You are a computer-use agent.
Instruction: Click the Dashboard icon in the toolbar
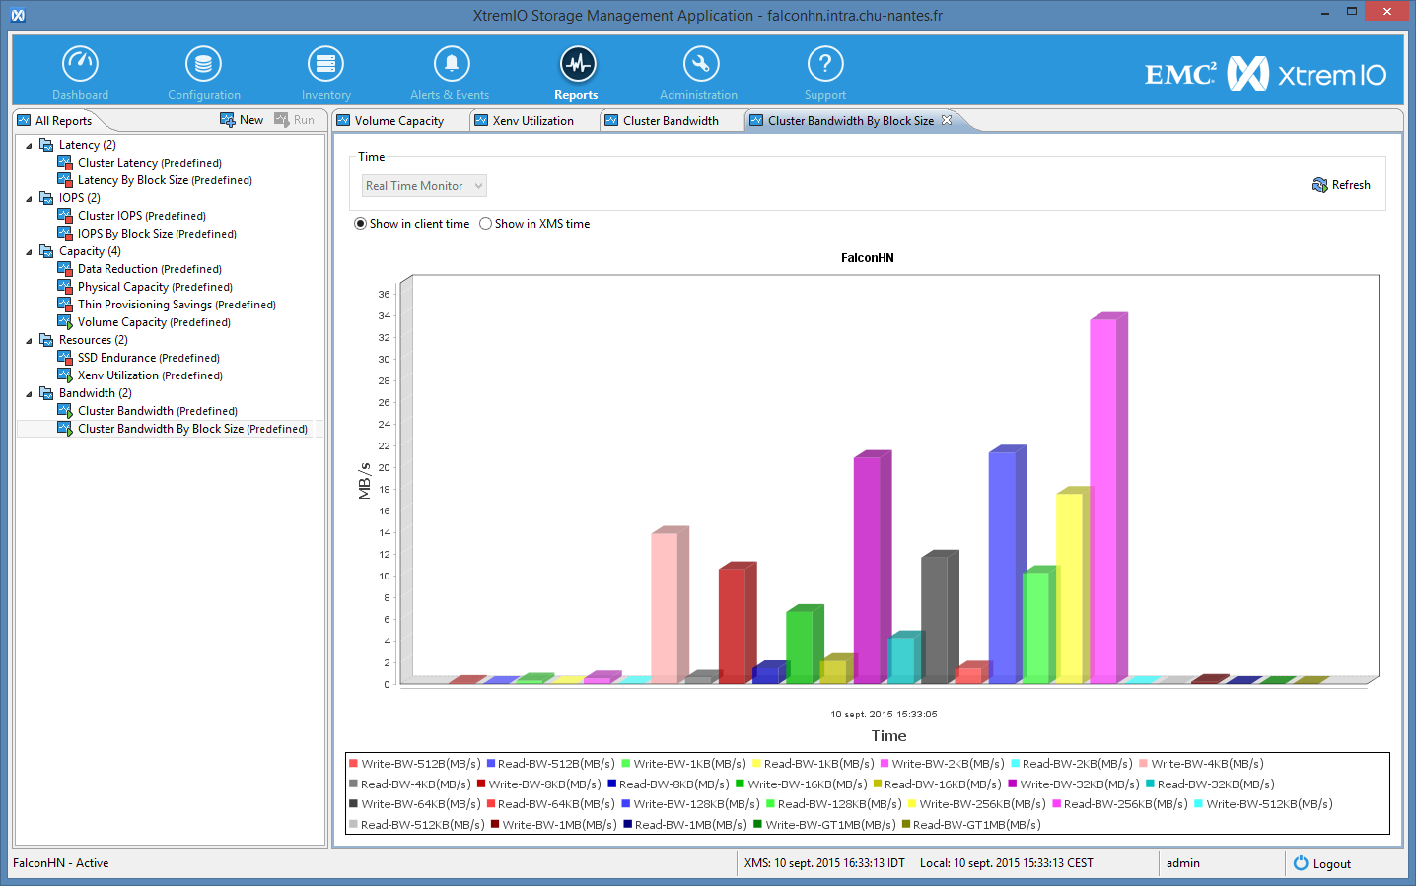point(80,64)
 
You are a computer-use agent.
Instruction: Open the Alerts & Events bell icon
point(452,64)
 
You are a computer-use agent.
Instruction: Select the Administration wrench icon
point(700,64)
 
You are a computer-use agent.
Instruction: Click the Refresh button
point(1341,185)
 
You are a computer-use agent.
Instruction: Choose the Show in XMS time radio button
point(485,224)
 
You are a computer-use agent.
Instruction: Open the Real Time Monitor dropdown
point(424,186)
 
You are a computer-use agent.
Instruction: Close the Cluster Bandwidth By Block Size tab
point(947,120)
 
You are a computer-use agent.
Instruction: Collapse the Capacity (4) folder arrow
point(29,251)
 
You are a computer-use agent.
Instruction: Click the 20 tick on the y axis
point(385,468)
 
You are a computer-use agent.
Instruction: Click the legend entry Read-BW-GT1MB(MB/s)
point(971,824)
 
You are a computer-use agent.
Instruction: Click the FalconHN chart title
point(868,258)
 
